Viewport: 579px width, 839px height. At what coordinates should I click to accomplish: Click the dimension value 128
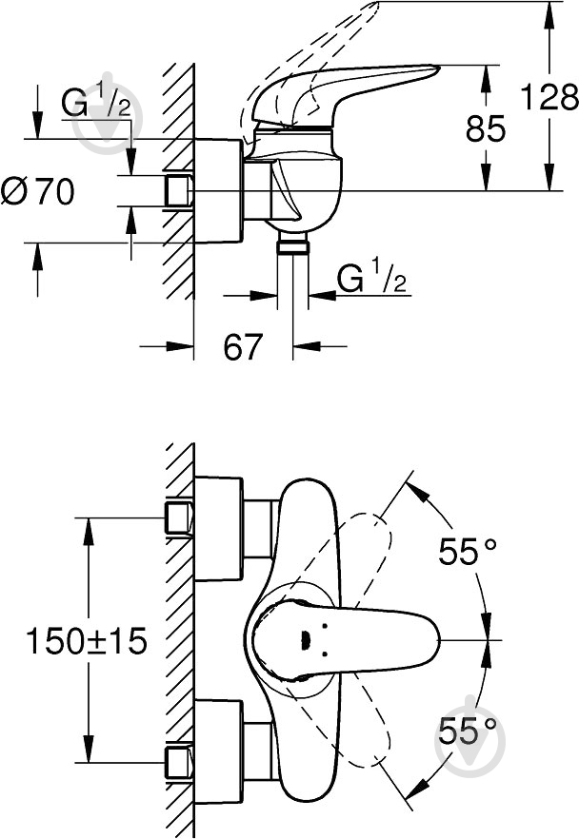(549, 97)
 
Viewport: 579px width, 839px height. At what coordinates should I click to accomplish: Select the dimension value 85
(486, 127)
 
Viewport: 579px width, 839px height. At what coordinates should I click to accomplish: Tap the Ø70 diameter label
(38, 192)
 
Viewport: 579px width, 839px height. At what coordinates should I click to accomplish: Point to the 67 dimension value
(243, 347)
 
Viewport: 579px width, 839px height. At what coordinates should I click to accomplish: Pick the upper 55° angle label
(468, 552)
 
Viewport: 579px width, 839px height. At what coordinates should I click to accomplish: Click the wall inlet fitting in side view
(178, 191)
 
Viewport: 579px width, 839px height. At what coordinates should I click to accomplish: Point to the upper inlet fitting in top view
(178, 517)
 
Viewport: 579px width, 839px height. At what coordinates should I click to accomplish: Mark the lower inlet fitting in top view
(178, 762)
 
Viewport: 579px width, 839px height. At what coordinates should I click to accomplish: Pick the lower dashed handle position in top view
(367, 732)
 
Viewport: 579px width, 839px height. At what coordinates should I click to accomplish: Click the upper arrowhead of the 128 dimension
(549, 11)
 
